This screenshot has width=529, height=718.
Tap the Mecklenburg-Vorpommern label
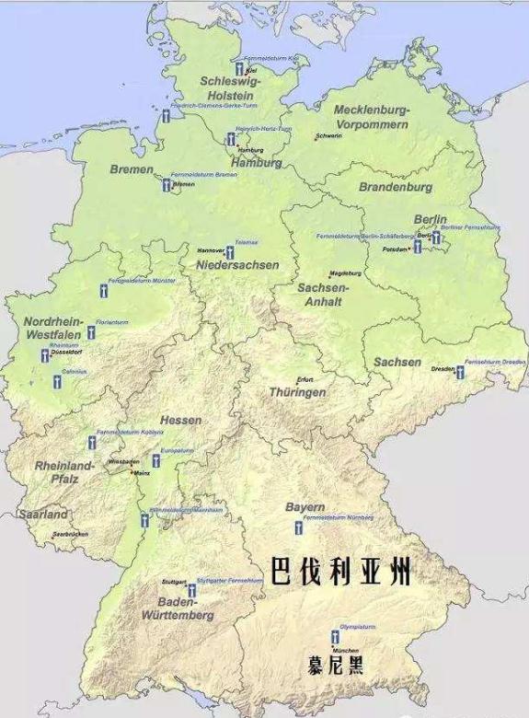pos(371,116)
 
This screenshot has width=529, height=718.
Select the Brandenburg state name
pos(396,187)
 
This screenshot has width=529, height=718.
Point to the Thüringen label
pos(297,392)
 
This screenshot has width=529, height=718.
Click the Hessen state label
pos(180,420)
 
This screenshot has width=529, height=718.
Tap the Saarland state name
pos(42,515)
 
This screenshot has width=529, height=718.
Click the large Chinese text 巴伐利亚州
pos(339,571)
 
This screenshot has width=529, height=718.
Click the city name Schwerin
pos(328,136)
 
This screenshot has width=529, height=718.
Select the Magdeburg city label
pos(346,273)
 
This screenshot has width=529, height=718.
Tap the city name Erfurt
pos(305,379)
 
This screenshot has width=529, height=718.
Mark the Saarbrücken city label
pos(70,534)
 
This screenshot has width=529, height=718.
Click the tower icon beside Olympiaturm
pos(335,636)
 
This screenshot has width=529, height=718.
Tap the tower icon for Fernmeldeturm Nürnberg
pos(298,527)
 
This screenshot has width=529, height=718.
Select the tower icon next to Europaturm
pos(155,460)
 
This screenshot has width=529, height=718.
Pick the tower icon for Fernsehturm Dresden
pos(460,372)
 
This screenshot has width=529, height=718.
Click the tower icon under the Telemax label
pos(230,252)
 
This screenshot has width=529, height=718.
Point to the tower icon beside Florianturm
pos(91,332)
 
